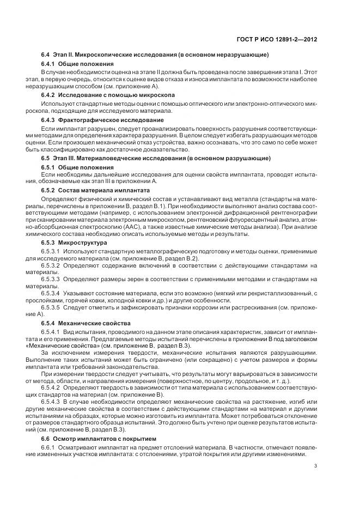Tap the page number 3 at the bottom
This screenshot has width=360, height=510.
[316, 466]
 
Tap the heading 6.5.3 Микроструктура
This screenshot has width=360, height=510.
[74, 242]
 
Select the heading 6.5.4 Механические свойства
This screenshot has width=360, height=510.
[86, 323]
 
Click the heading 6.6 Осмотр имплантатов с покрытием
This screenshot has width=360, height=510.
[99, 438]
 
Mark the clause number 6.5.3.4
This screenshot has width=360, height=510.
[51, 293]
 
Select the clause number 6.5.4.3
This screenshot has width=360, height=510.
[51, 402]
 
